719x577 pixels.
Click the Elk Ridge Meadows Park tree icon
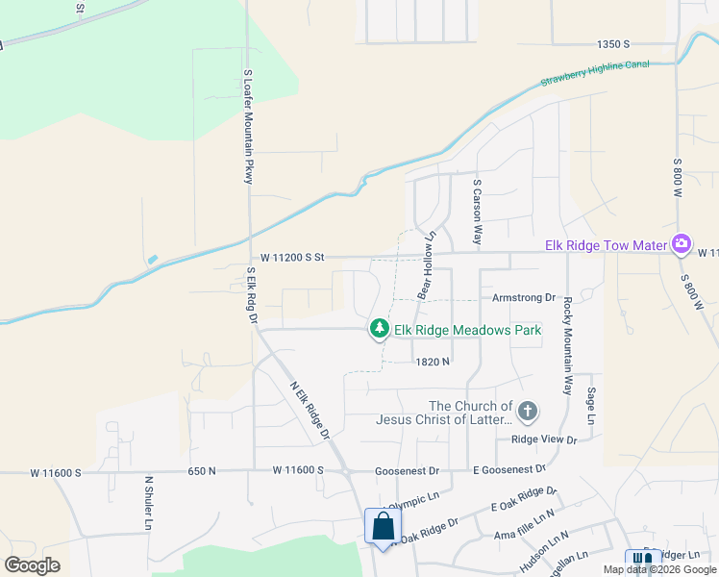tap(381, 330)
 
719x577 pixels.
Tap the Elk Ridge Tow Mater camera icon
tap(682, 244)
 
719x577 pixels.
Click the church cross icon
tap(526, 413)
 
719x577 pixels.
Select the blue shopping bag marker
tap(383, 527)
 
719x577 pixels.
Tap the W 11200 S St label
tap(294, 258)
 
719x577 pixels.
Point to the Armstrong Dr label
tap(524, 298)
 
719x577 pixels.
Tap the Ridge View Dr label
tap(543, 439)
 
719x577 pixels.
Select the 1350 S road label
tap(612, 44)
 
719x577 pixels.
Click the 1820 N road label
tap(433, 362)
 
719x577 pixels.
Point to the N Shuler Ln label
tap(149, 502)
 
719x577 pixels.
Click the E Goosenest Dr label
tap(508, 469)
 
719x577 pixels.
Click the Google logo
tap(33, 564)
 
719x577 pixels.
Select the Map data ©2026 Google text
tap(658, 569)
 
